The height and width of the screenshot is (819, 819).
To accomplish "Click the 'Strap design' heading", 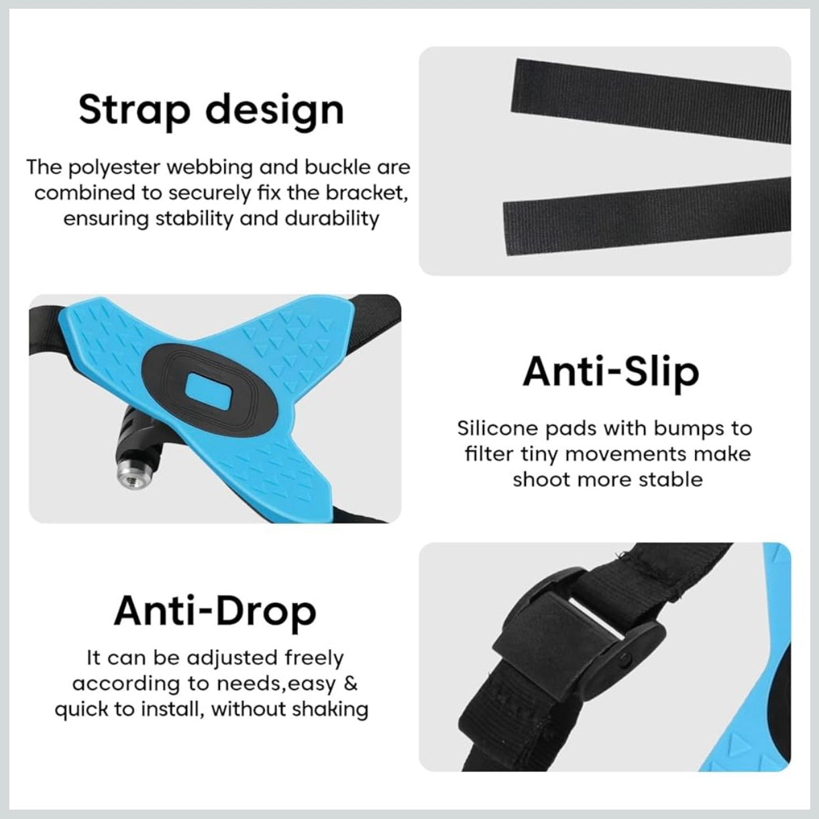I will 211,110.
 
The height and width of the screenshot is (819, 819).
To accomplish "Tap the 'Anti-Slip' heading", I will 610,372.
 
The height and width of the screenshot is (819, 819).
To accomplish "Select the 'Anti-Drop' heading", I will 215,611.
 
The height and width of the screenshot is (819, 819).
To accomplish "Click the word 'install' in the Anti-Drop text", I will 175,709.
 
